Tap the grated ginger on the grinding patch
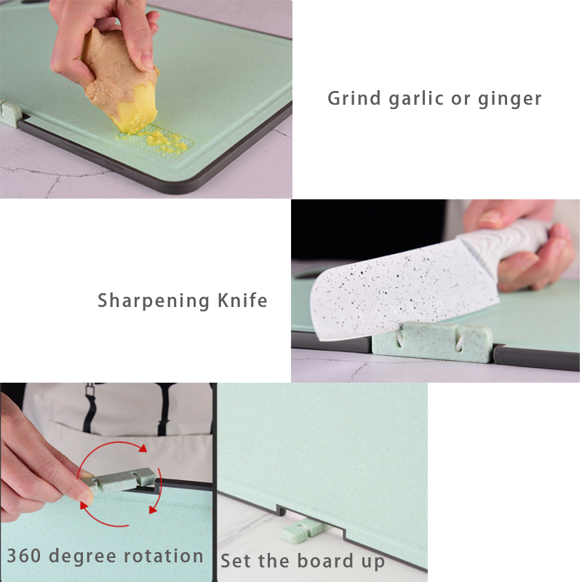(163, 140)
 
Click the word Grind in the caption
(354, 98)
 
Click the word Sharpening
(154, 301)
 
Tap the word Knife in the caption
(242, 300)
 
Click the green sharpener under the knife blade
(432, 342)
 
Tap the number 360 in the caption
(24, 556)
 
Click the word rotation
(163, 556)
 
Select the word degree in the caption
(82, 557)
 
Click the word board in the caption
(325, 559)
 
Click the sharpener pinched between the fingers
(119, 480)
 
